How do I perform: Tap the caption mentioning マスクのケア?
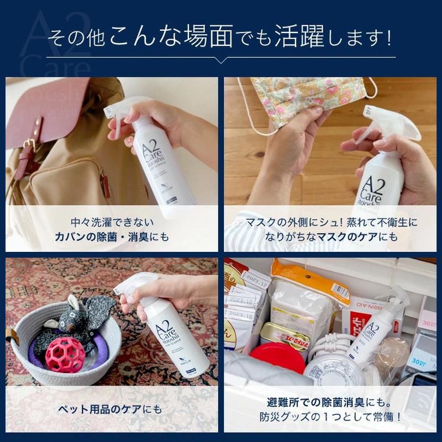[x=331, y=230]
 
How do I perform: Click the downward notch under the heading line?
[x=221, y=60]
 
